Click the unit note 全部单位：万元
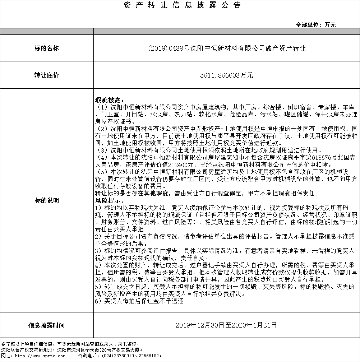pos(315,25)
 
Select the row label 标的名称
pos(47,48)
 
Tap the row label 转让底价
pos(47,75)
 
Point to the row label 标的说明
pos(47,200)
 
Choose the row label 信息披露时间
pos(47,326)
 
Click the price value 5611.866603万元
pos(226,75)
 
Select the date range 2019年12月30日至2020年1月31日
pos(226,325)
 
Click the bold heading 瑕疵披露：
pos(109,99)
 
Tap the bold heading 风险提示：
pos(109,200)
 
